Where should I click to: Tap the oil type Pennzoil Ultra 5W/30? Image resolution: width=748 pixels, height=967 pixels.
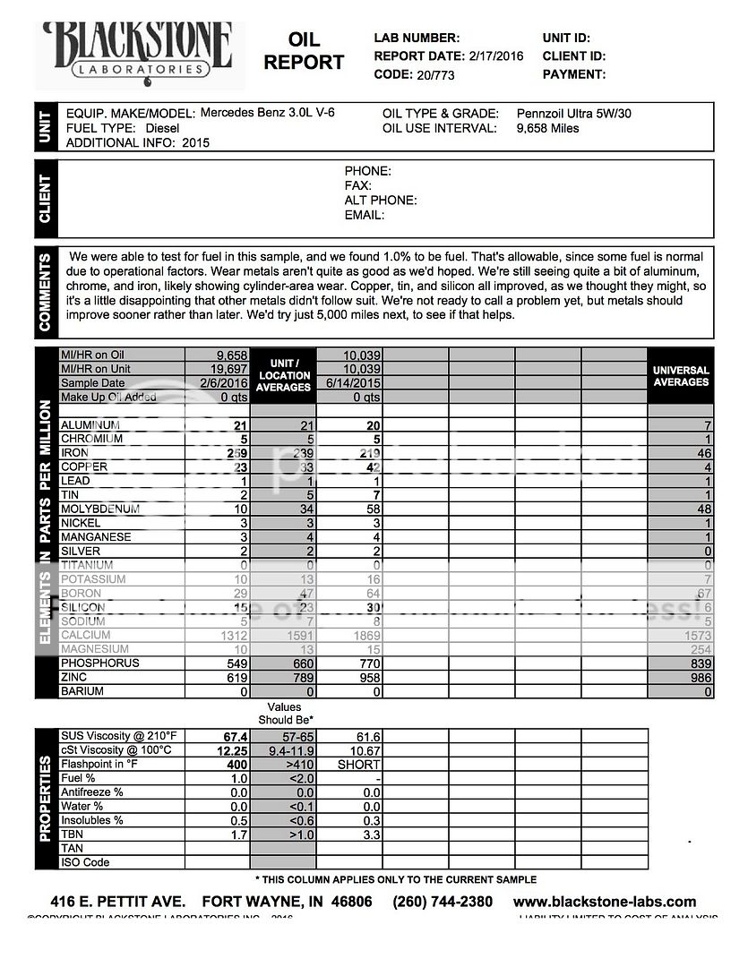pos(574,114)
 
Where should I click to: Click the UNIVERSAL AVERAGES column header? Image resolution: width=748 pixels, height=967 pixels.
pos(681,376)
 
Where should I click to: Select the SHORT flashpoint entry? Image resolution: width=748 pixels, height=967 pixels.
pos(358,765)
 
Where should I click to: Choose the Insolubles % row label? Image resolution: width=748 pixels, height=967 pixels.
pos(92,820)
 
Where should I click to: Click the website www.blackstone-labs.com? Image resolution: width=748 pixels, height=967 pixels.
pos(604,902)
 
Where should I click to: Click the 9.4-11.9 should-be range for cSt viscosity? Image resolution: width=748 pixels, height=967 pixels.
pos(283,750)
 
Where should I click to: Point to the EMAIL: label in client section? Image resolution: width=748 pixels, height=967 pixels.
pos(365,215)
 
